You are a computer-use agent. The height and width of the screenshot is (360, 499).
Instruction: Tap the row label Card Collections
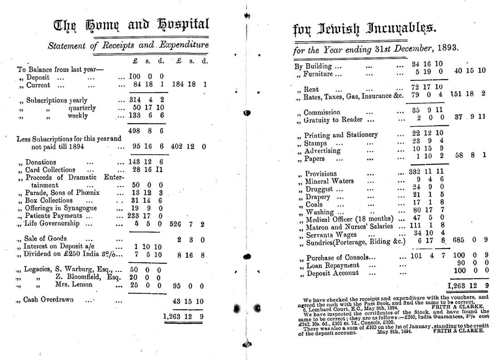50,169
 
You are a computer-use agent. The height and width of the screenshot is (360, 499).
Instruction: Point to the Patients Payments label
53,216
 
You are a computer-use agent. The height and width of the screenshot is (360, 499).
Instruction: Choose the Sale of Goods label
45,238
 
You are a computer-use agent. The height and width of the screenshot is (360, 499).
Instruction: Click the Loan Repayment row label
333,265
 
